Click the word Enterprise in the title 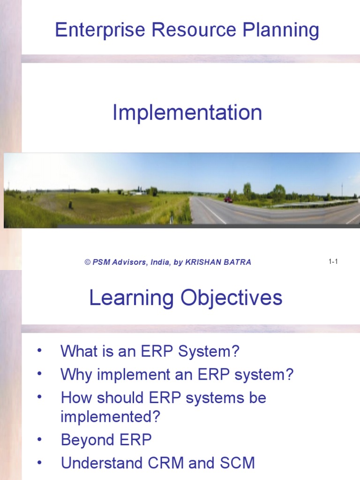point(100,30)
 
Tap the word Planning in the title point(281,30)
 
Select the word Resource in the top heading point(194,30)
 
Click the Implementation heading point(187,112)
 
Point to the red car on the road point(228,200)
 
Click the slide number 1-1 point(333,262)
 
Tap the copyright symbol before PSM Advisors point(88,262)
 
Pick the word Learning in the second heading point(131,298)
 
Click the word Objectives point(232,298)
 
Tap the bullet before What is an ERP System point(39,351)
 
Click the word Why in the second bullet point(76,375)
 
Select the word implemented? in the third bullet point(111,417)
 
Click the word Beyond point(88,440)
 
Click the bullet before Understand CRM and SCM point(39,463)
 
